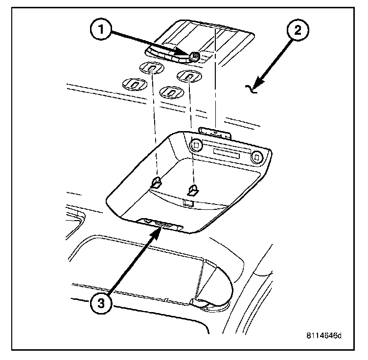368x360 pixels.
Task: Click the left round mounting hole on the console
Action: click(196, 145)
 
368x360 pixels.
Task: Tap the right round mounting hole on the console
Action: click(256, 157)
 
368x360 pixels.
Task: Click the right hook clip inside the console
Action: click(194, 189)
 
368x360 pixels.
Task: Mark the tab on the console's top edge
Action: click(215, 131)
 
